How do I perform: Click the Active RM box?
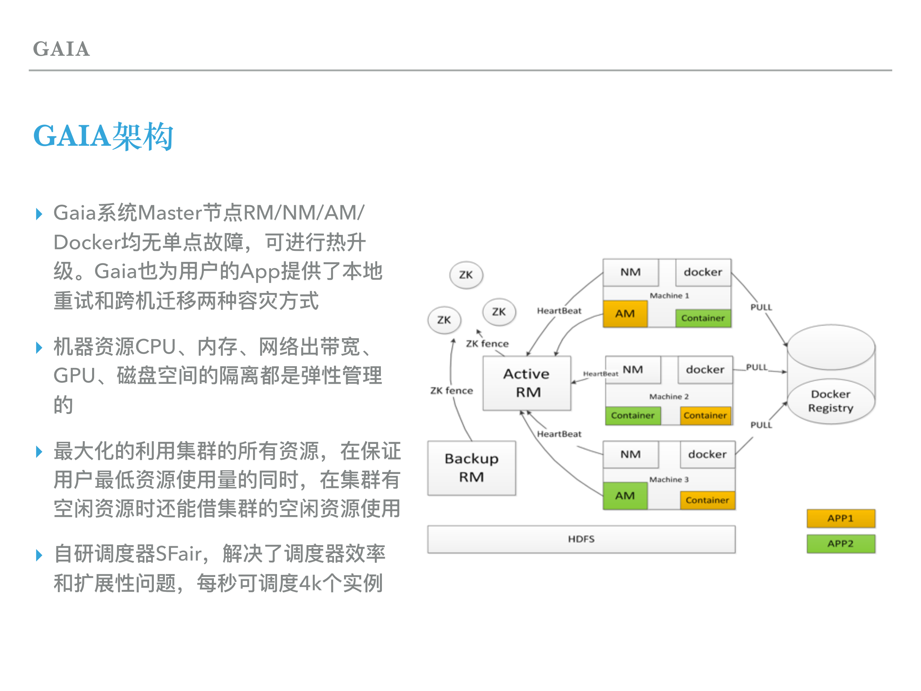coord(526,383)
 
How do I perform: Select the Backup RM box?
coord(471,468)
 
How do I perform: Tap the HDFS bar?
coord(581,539)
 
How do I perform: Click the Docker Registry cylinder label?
coord(831,401)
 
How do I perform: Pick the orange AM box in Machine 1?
coord(624,314)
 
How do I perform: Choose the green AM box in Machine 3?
coord(624,496)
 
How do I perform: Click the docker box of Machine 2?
coord(705,369)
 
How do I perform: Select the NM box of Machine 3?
coord(631,454)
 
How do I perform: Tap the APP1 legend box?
coord(840,518)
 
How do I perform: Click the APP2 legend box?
coord(840,543)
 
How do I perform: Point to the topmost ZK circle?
coord(466,275)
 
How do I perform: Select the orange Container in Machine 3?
coord(707,500)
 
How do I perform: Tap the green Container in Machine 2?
coord(633,416)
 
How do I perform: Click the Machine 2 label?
coord(669,397)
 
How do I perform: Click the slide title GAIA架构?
coord(103,136)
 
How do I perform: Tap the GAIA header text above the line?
coord(61,49)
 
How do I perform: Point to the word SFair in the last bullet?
coord(178,554)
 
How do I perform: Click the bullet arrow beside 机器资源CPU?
coord(39,347)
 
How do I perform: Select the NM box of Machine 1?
coord(631,272)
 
